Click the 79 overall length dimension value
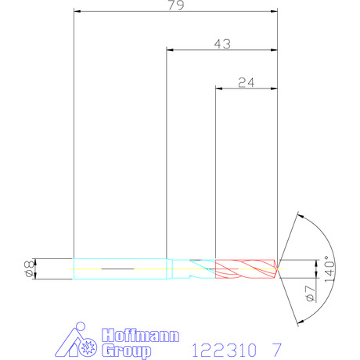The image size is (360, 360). click(176, 5)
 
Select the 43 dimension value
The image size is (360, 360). click(222, 44)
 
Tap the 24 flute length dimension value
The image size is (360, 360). click(247, 83)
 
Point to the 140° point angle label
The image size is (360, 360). click(329, 268)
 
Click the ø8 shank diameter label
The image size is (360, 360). click(29, 268)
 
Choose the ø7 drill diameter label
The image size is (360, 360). click(311, 293)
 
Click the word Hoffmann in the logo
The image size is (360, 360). click(140, 336)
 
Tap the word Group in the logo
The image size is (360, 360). click(126, 351)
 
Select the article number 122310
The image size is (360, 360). click(225, 350)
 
